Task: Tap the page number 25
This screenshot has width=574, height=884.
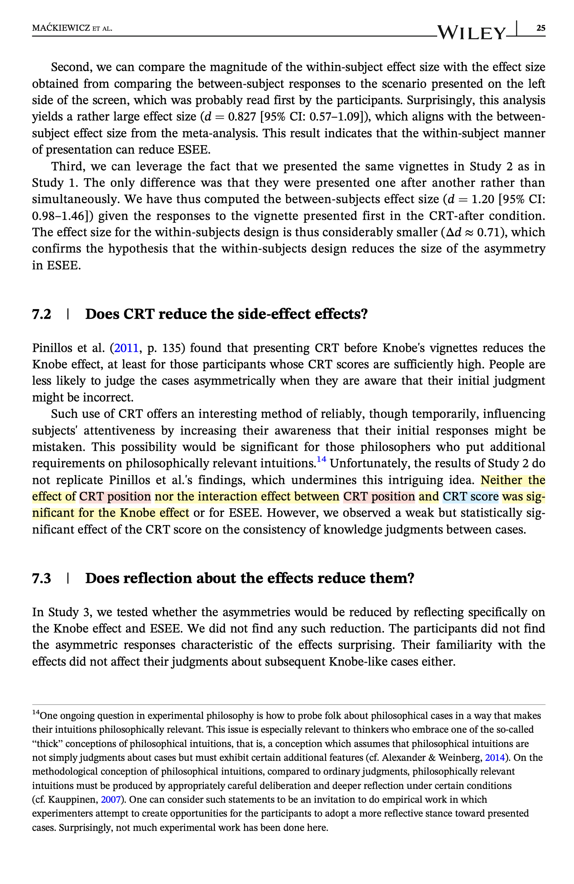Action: tap(541, 28)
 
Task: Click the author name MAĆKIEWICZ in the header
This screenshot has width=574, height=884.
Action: tap(61, 29)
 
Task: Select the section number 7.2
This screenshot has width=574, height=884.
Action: tap(42, 314)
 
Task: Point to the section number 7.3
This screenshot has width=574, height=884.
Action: tap(42, 578)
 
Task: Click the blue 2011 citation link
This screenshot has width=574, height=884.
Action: tap(126, 348)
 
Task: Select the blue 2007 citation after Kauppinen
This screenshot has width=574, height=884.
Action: tap(111, 800)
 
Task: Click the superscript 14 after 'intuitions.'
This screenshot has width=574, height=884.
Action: tap(321, 460)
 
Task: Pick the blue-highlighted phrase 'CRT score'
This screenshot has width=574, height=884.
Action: tap(470, 497)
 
